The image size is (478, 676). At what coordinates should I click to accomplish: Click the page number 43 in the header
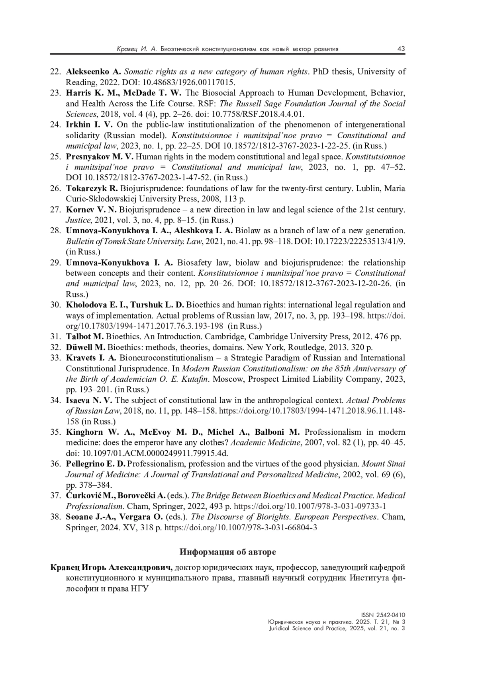point(401,49)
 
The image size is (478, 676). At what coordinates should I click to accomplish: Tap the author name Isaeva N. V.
point(89,400)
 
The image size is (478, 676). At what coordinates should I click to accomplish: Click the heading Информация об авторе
point(227,552)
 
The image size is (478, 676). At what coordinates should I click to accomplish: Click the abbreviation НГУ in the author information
point(139,589)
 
